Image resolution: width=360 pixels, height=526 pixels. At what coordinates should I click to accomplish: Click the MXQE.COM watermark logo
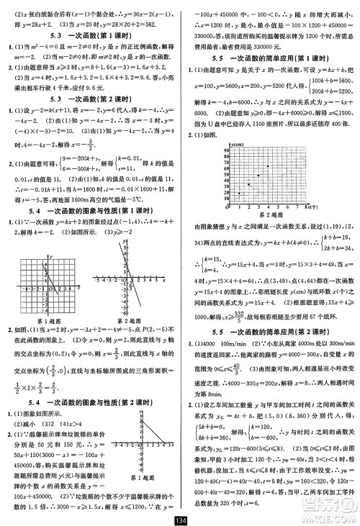click(328, 507)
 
